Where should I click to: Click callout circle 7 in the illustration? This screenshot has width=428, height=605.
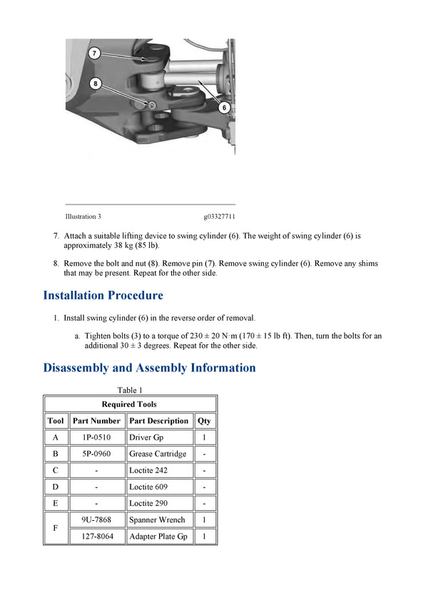pyautogui.click(x=94, y=53)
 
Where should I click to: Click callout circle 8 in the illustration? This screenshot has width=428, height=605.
pyautogui.click(x=96, y=83)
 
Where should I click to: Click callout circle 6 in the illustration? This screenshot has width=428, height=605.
pyautogui.click(x=223, y=108)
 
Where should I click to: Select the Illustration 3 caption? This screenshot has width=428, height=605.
pyautogui.click(x=83, y=217)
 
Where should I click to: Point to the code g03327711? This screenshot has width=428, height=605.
pyautogui.click(x=219, y=217)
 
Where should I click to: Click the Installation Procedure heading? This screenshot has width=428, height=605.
pyautogui.click(x=103, y=295)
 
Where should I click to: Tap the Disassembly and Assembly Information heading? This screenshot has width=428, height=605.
pyautogui.click(x=149, y=368)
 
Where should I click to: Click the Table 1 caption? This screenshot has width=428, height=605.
pyautogui.click(x=130, y=390)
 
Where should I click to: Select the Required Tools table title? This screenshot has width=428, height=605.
pyautogui.click(x=129, y=404)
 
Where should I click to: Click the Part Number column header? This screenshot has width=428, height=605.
pyautogui.click(x=96, y=420)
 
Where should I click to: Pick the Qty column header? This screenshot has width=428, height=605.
pyautogui.click(x=204, y=420)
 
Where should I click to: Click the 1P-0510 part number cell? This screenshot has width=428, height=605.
pyautogui.click(x=96, y=438)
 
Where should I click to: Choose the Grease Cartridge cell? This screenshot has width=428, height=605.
pyautogui.click(x=158, y=454)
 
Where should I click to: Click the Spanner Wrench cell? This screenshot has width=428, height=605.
pyautogui.click(x=157, y=520)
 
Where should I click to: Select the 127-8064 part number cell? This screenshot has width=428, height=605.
pyautogui.click(x=96, y=537)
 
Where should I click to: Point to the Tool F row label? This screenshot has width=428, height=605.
pyautogui.click(x=56, y=528)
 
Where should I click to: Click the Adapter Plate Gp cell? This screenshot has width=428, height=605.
pyautogui.click(x=158, y=537)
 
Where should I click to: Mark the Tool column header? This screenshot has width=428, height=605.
pyautogui.click(x=56, y=420)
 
